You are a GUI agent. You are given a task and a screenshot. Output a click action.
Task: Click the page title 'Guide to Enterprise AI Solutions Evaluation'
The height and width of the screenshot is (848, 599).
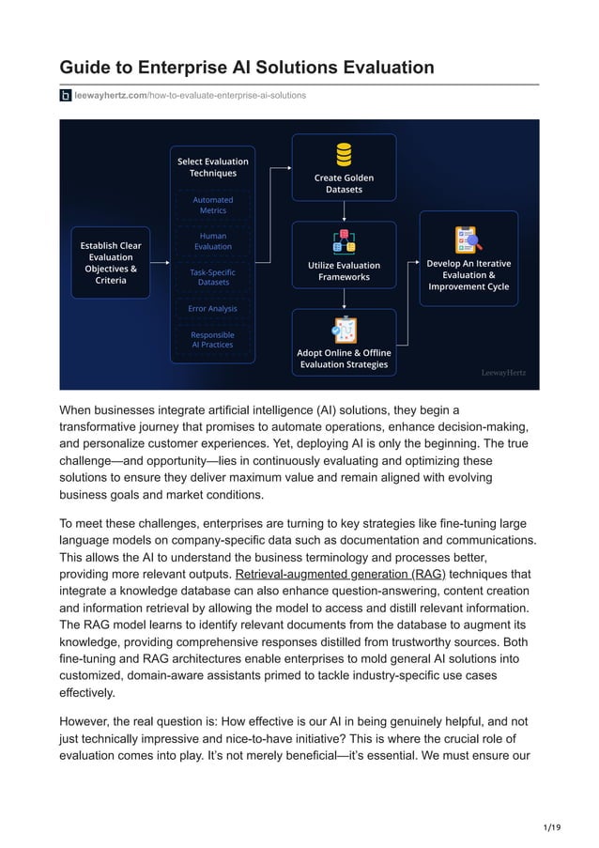click(x=247, y=68)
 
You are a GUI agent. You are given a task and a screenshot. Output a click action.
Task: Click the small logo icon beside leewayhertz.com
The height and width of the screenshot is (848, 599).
click(x=66, y=96)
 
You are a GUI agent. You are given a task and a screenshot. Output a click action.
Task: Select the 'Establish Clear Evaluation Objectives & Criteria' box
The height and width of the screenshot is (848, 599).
click(x=111, y=263)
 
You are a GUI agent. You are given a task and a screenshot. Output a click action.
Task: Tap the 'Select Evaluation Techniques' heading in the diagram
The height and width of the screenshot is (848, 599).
click(x=213, y=167)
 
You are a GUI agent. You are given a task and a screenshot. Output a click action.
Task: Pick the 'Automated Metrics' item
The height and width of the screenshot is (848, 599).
click(x=213, y=205)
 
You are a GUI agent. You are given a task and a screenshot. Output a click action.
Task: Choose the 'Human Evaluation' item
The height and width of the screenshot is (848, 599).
click(x=213, y=240)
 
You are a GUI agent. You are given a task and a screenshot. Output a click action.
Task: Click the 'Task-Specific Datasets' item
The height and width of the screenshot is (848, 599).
click(x=213, y=277)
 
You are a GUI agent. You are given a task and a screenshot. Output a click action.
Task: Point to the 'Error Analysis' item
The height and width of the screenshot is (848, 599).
click(x=213, y=309)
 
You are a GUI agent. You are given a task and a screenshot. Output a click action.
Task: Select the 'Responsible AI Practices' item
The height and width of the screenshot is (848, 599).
click(x=213, y=340)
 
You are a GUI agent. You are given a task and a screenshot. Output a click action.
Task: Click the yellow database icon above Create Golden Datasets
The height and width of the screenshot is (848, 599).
click(x=344, y=153)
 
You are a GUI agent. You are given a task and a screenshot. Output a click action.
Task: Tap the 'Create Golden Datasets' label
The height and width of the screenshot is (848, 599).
click(x=344, y=183)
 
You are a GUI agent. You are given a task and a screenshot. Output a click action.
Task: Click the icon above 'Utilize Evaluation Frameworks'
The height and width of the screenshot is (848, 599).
click(x=344, y=241)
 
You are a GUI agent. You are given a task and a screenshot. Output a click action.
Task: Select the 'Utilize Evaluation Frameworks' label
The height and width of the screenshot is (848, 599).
click(x=344, y=271)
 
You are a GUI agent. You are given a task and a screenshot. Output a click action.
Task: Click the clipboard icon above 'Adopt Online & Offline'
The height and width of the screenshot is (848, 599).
click(x=344, y=330)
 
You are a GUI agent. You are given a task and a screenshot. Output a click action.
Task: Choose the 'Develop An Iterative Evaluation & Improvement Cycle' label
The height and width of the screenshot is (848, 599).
click(x=468, y=275)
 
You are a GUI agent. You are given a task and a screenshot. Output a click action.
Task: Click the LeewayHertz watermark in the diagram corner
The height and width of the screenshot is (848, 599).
click(x=503, y=372)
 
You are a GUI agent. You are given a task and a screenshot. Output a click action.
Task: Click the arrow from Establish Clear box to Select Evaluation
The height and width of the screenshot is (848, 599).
click(x=160, y=262)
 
